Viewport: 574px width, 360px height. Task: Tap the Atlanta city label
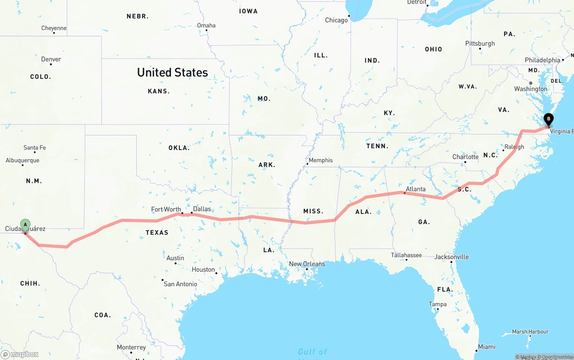(416, 189)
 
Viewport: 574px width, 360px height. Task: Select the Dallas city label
(202, 208)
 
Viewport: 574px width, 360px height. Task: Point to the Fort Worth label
(166, 209)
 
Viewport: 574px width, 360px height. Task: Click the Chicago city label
(336, 20)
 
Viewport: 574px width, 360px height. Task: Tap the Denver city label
(51, 59)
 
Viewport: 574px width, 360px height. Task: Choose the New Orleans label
(307, 264)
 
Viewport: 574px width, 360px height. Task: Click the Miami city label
(487, 347)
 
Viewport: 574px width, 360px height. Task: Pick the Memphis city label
(321, 160)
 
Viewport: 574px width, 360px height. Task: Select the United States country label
(172, 72)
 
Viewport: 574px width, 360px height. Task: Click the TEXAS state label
(157, 232)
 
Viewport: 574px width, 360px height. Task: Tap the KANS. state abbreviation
(159, 91)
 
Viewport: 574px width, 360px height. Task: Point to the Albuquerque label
(22, 160)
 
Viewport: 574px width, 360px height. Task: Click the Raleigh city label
(514, 147)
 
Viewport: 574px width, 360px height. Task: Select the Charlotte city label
(465, 157)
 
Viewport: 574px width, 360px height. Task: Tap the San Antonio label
(180, 284)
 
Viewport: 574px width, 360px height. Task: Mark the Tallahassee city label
(406, 255)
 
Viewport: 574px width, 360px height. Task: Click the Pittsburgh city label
(480, 43)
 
